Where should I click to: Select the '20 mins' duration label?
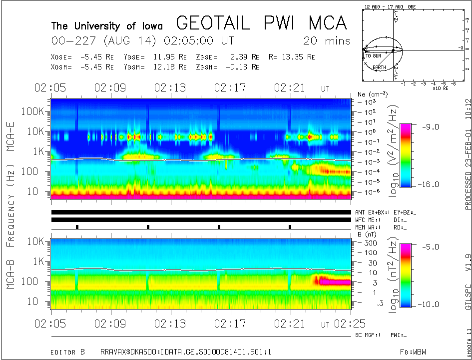coord(327,41)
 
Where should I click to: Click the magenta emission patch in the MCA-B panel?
coord(334,281)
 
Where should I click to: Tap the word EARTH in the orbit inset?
coord(379,66)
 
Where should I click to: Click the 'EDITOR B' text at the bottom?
coord(68,351)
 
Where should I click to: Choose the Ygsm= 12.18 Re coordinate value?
coord(152,66)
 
